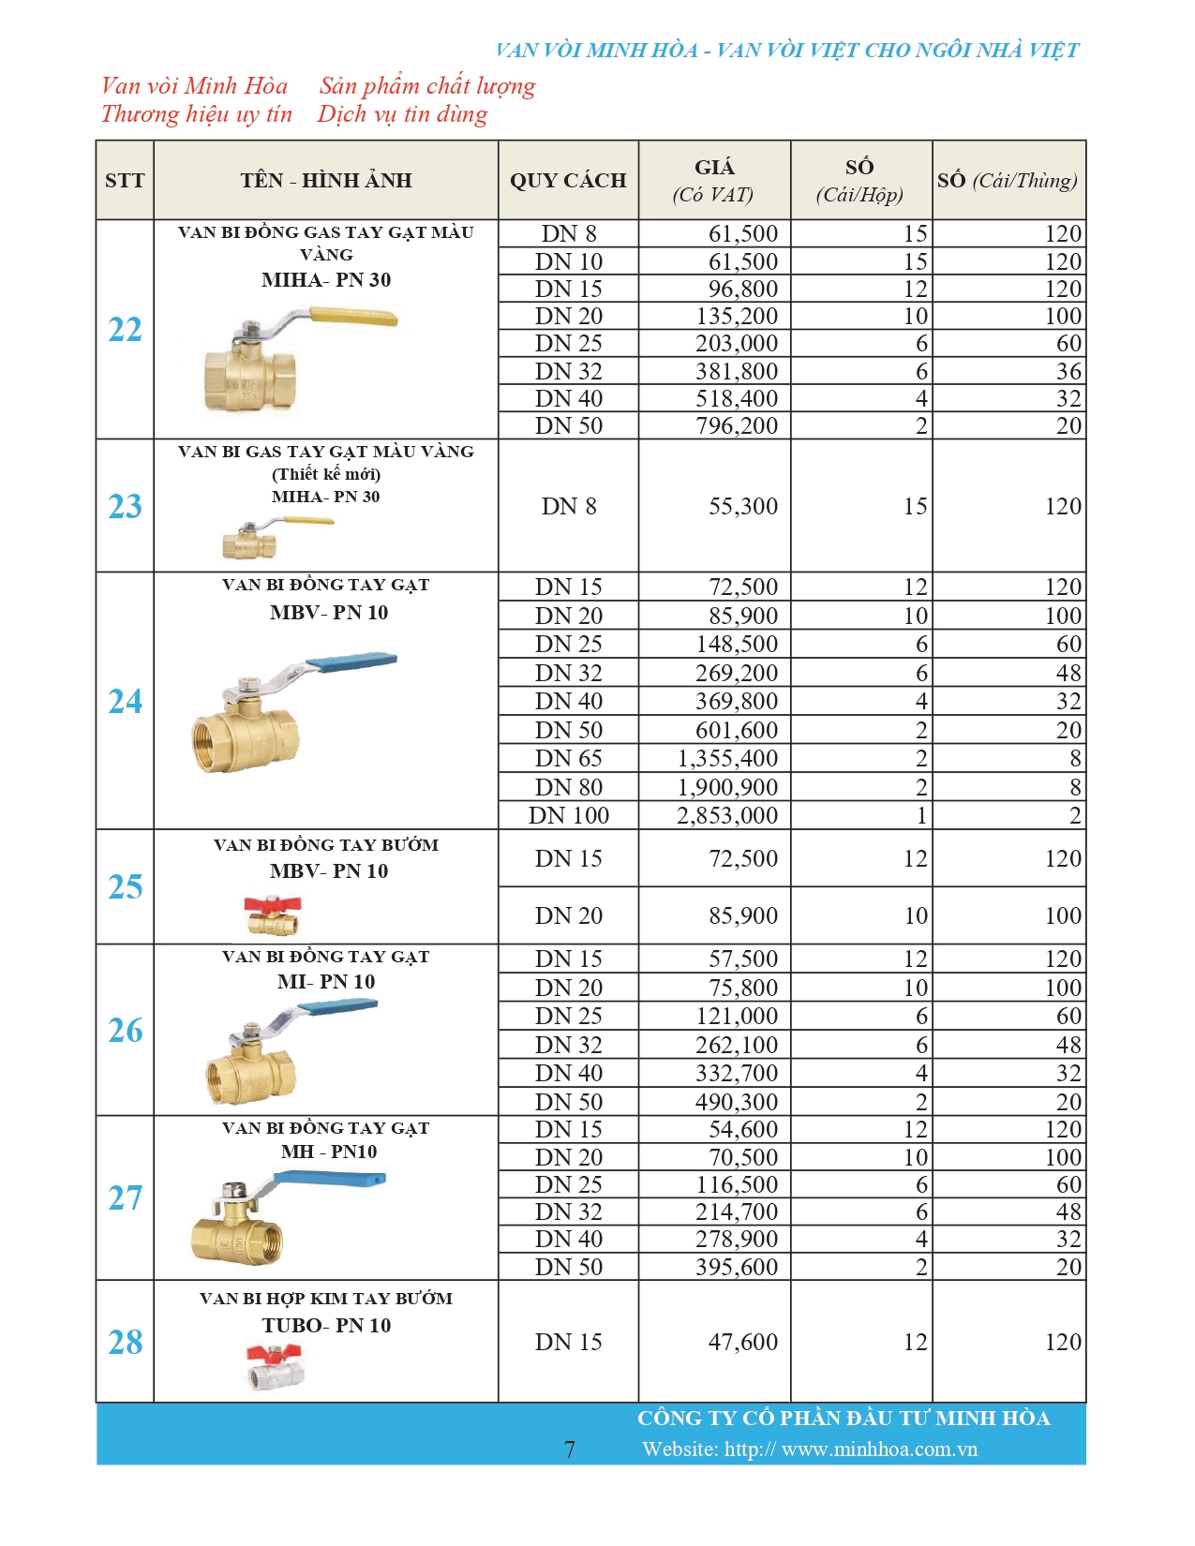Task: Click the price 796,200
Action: [x=737, y=426]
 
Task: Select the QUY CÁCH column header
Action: [x=568, y=181]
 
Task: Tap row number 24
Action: [x=126, y=701]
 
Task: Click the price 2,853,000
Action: [x=727, y=816]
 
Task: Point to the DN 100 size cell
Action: [x=568, y=816]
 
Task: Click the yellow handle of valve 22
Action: [x=360, y=319]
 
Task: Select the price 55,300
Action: [x=743, y=507]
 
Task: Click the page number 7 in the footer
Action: [x=569, y=1449]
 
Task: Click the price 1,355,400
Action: [x=727, y=759]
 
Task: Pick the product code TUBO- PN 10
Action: [x=326, y=1326]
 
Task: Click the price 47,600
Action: [x=743, y=1343]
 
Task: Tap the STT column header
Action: [x=125, y=181]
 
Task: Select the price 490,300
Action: [x=737, y=1102]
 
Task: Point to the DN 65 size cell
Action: [x=568, y=759]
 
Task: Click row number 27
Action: [x=126, y=1197]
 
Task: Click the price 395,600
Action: [x=737, y=1267]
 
